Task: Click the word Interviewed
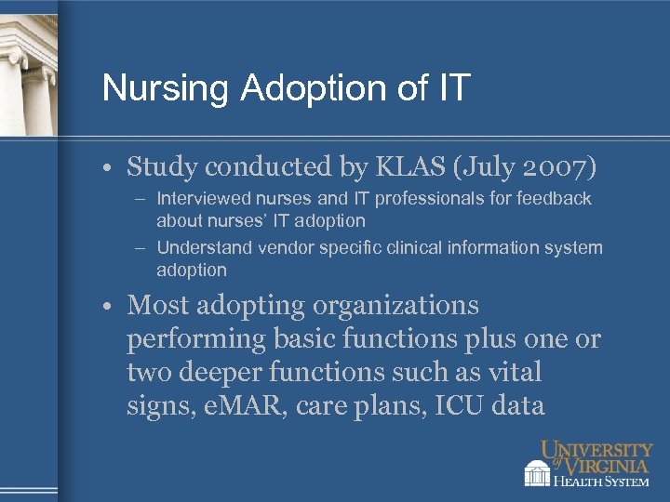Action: [205, 199]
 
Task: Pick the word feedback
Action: [556, 199]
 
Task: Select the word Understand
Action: [202, 248]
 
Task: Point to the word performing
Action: [196, 339]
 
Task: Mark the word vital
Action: [516, 373]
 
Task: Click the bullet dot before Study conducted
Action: [110, 167]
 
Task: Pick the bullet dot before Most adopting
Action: [110, 306]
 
